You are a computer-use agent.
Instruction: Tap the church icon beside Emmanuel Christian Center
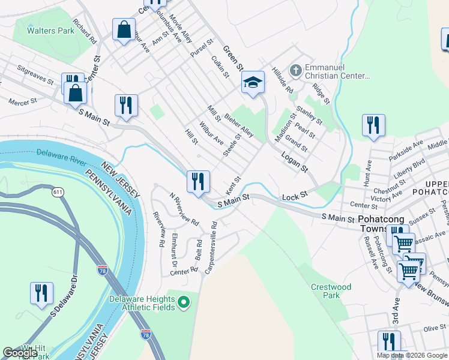[295, 71]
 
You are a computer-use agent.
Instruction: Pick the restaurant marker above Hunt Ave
[373, 125]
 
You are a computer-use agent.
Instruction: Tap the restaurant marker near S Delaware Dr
[41, 293]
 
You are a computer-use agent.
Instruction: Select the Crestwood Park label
[331, 291]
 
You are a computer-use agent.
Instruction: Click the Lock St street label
[295, 196]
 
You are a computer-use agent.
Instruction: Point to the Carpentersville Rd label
[211, 247]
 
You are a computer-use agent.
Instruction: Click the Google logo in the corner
[20, 353]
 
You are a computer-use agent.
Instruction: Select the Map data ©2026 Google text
[412, 355]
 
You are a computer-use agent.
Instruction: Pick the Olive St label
[435, 328]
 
